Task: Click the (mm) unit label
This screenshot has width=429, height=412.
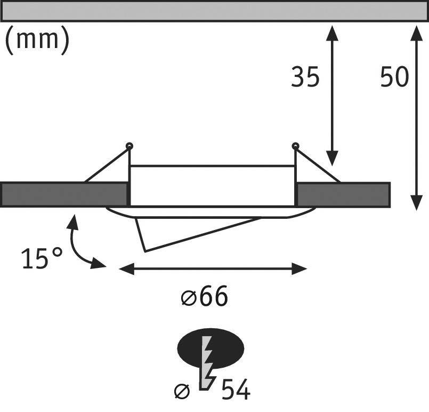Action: point(37,42)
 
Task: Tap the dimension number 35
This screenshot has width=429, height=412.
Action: point(305,78)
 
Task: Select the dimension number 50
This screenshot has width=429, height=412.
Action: point(394,78)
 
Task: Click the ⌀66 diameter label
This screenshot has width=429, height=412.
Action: point(204,297)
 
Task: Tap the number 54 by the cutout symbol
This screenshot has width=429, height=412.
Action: point(235,390)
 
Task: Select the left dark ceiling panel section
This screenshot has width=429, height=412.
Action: point(64,194)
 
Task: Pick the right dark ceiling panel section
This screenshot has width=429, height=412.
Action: point(343,194)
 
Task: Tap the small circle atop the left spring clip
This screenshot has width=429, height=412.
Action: point(129,146)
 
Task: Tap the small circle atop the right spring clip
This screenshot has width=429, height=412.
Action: point(295,146)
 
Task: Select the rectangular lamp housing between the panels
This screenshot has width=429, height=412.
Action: point(212,185)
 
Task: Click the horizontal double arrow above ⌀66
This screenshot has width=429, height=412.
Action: point(213,268)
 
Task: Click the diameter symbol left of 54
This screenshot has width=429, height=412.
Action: point(182,392)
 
